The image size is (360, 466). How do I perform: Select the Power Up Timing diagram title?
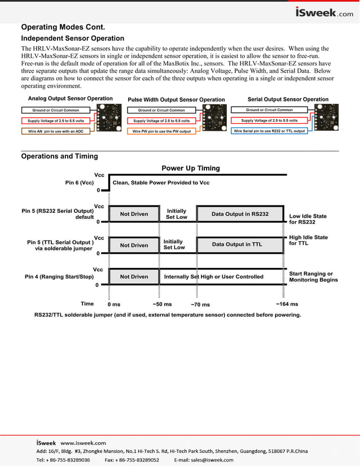190,168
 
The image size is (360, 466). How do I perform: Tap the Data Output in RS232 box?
240,214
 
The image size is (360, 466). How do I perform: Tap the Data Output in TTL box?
237,244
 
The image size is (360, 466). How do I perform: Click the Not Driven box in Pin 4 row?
134,276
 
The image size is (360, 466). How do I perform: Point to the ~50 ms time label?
162,304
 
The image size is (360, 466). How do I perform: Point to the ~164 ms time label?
287,304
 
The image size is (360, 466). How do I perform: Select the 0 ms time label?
114,304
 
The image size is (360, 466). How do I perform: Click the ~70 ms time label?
200,305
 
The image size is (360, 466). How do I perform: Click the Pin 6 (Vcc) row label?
79,183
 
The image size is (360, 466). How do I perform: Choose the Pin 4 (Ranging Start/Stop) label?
59,277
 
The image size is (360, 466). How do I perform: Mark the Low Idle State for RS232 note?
308,219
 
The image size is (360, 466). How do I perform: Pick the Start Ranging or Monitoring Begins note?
313,276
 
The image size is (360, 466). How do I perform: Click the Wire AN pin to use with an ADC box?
56,131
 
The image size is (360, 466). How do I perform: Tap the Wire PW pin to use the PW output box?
161,131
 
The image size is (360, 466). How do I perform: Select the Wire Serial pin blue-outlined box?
270,131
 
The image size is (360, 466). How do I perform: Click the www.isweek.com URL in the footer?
84,443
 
